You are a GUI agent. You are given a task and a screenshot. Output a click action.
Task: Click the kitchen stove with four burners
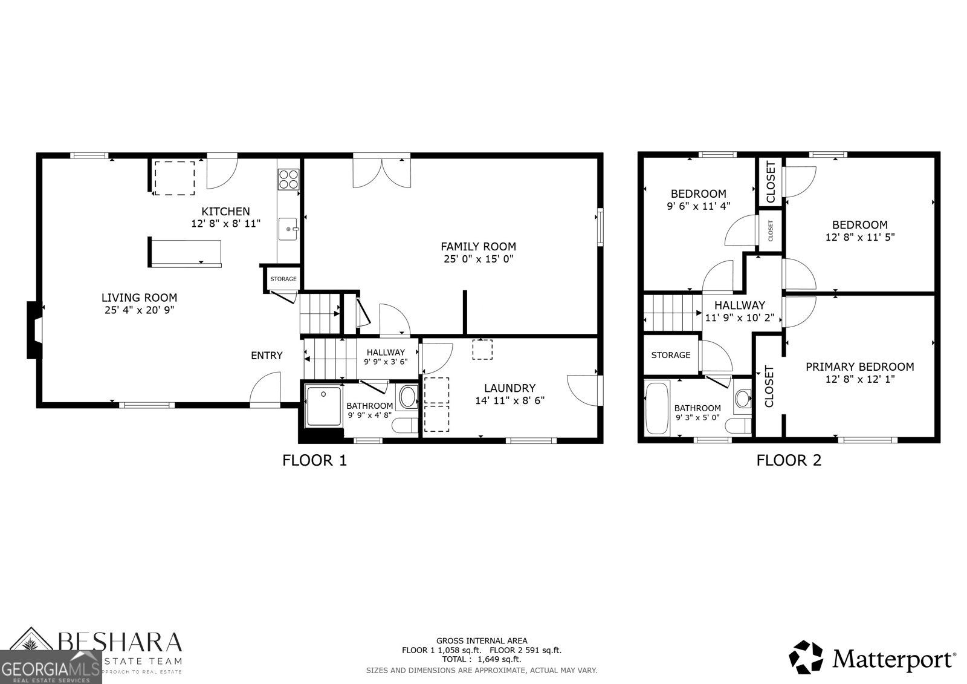[x=289, y=179]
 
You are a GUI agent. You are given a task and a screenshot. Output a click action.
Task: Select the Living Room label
[x=139, y=298]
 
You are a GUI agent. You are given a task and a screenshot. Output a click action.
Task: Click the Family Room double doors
[x=382, y=171]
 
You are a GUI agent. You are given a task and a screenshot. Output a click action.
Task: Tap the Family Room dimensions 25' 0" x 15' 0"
[x=478, y=259]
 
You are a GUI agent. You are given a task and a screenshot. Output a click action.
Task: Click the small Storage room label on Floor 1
[x=283, y=279]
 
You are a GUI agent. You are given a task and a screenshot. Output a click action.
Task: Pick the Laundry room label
[x=509, y=388]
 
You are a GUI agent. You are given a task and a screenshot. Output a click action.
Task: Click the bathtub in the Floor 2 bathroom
[x=657, y=408]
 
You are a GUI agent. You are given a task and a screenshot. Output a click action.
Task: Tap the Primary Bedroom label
[x=859, y=366]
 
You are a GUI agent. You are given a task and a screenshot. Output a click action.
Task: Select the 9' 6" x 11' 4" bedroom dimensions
[x=698, y=206]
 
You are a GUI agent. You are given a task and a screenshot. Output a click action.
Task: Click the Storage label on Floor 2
[x=670, y=355]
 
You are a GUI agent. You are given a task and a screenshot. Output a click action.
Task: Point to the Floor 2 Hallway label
[x=739, y=305]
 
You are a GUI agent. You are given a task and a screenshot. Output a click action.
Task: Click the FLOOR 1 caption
[x=314, y=461]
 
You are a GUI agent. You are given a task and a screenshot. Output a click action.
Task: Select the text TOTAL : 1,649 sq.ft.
[x=481, y=659]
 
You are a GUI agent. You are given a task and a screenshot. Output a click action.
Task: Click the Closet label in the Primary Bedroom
[x=769, y=386]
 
